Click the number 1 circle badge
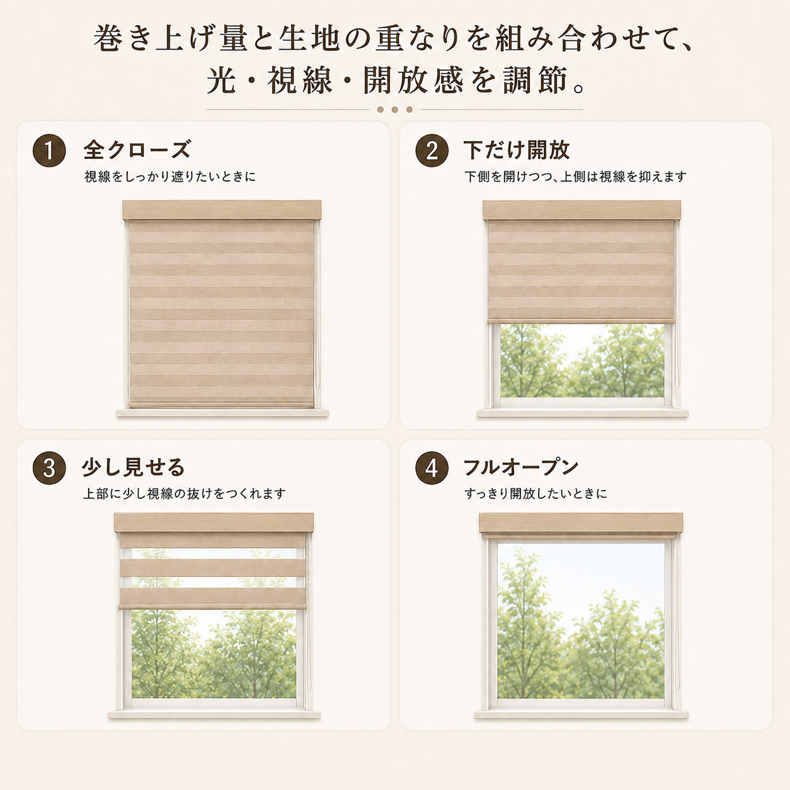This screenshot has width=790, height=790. [49, 151]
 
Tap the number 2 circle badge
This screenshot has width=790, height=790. [432, 151]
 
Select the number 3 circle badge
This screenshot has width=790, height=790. [49, 468]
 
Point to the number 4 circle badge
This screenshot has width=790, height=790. [432, 468]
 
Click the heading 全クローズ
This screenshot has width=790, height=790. [137, 150]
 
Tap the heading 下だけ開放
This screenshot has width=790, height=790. [517, 150]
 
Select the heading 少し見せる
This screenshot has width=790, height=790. [134, 467]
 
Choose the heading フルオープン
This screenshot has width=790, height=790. [520, 467]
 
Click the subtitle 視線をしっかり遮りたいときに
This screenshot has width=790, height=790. [170, 176]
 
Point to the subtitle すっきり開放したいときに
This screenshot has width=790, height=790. [535, 494]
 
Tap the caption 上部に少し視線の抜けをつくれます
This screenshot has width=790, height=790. [185, 494]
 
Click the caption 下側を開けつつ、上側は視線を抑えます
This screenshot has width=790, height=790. [576, 176]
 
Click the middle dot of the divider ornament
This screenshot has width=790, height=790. [395, 110]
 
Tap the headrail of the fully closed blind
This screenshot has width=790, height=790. [222, 210]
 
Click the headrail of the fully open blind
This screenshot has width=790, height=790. [581, 523]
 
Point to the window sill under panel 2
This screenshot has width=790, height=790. [582, 413]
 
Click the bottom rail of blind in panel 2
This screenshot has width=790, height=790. [581, 321]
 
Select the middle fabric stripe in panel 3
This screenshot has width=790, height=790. [213, 568]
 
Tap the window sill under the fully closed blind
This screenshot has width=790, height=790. [222, 413]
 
